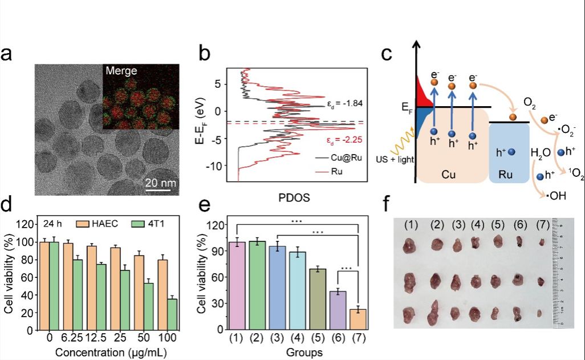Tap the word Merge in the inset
tap(122, 71)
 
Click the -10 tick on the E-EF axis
tap(217, 165)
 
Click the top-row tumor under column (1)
tap(409, 247)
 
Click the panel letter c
tap(386, 55)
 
